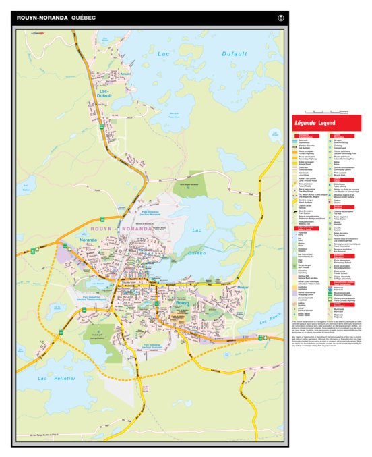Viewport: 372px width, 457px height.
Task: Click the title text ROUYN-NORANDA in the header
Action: [x=41, y=18]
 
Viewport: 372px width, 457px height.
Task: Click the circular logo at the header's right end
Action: [x=280, y=18]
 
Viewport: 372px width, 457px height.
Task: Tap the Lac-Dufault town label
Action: [x=105, y=94]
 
